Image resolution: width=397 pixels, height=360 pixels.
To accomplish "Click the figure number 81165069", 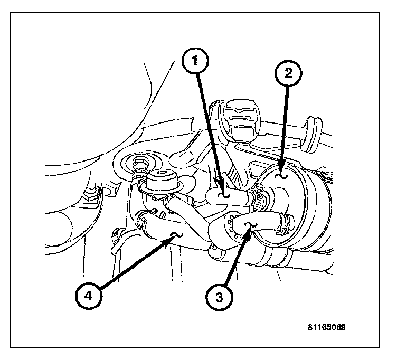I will (x=326, y=327).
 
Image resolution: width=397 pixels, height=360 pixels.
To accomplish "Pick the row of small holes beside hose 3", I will (x=229, y=226).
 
